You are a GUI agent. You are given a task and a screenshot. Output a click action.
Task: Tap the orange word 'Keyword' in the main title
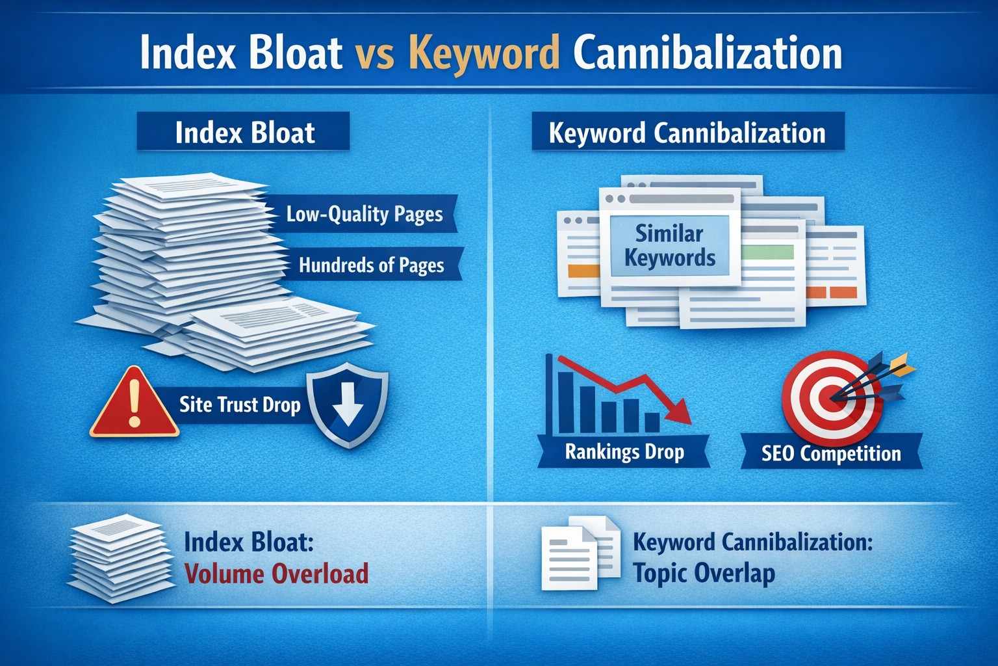[x=485, y=55]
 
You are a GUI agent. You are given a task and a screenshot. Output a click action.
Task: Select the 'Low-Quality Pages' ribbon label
[x=365, y=214]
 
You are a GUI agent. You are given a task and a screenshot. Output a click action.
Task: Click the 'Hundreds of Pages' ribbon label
[x=371, y=265]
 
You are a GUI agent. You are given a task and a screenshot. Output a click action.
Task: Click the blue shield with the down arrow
[x=348, y=408]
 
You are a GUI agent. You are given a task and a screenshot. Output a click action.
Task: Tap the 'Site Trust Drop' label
[x=240, y=405]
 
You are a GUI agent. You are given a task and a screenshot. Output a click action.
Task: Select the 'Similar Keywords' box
[x=670, y=246]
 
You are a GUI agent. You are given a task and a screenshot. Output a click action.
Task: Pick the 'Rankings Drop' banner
[x=624, y=451]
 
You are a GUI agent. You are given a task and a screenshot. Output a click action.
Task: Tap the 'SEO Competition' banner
[x=831, y=453]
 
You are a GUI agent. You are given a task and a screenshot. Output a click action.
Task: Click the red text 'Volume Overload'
[x=277, y=574]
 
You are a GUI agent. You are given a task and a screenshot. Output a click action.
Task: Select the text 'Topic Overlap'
[x=704, y=573]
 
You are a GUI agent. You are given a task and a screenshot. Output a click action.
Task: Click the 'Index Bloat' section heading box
[x=244, y=132]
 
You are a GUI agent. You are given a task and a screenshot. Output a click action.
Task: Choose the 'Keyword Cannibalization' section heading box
[x=687, y=133]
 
